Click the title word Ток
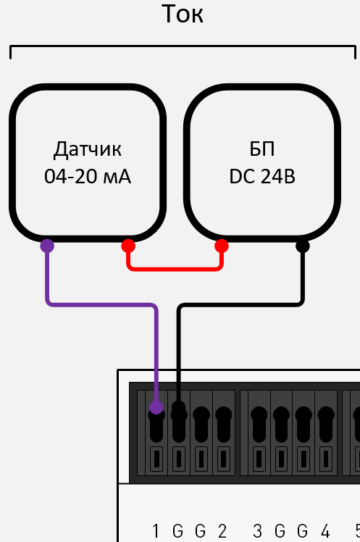[182, 14]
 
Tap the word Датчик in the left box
[88, 150]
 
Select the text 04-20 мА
[88, 177]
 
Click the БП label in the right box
[261, 150]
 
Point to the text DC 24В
[262, 177]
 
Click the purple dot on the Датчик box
[47, 246]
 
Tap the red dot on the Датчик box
[128, 246]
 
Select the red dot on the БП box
[222, 246]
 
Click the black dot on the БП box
[303, 246]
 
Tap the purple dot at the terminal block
[156, 408]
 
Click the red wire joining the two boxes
[175, 269]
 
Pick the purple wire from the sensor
[101, 305]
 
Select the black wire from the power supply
[239, 305]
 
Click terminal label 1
[156, 530]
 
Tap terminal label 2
[222, 530]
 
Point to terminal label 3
[258, 530]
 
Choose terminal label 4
[325, 530]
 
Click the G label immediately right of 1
[178, 530]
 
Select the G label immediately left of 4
[302, 530]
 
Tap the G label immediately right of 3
[280, 530]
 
